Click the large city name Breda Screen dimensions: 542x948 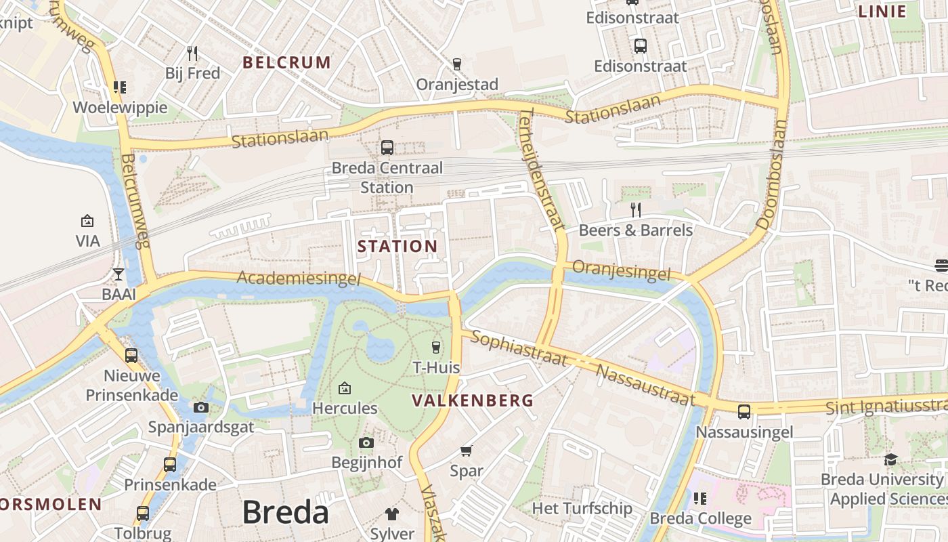pos(285,512)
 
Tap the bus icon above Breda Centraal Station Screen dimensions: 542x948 pos(387,147)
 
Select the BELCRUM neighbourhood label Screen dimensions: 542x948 pos(286,63)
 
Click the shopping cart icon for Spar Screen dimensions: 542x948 pos(466,451)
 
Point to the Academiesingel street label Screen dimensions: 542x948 pos(299,278)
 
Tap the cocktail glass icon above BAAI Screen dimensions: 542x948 pos(118,274)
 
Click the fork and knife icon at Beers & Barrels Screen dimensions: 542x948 pos(635,209)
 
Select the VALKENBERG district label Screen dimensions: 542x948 pos(473,400)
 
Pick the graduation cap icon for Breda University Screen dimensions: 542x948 pos(890,459)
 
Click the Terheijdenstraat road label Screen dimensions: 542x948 pos(542,169)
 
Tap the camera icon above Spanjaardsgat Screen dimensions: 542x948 pos(200,407)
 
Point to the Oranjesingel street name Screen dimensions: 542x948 pos(621,270)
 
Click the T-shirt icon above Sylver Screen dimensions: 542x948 pos(392,514)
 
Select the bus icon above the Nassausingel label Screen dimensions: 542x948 pos(744,411)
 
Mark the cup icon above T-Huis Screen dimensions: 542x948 pos(435,348)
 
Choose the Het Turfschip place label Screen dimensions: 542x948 pos(582,508)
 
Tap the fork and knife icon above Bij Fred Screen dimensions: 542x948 pos(192,53)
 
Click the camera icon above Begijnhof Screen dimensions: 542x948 pos(366,442)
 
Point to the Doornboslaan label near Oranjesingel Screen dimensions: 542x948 pos(773,175)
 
